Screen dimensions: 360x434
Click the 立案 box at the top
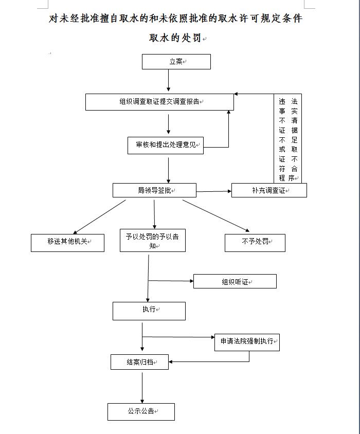pos(176,61)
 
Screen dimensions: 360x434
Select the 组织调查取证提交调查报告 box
pos(159,102)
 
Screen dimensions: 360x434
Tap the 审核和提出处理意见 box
pos(166,146)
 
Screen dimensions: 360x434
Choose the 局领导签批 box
pos(154,190)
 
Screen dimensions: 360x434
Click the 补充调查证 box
pos(269,190)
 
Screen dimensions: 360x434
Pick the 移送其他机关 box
pos(67,243)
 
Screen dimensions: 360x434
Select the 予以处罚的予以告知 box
pos(153,240)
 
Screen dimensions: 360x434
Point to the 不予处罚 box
pos(255,243)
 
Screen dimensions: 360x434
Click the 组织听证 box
pos(235,281)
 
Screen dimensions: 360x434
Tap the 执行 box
pos(149,311)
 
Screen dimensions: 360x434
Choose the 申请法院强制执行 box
pos(247,342)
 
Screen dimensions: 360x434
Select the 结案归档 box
pos(139,362)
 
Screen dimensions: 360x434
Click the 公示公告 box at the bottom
pos(141,411)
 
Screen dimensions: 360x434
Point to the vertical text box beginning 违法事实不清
pos(287,138)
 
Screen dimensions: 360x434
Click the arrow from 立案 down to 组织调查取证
pos(168,80)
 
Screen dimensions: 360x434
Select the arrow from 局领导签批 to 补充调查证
pos(214,191)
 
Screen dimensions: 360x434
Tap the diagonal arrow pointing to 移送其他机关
pos(99,217)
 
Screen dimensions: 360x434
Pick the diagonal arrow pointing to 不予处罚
pos(216,216)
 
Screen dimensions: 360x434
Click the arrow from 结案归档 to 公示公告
pos(142,388)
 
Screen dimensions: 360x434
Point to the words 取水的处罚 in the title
pos(175,38)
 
